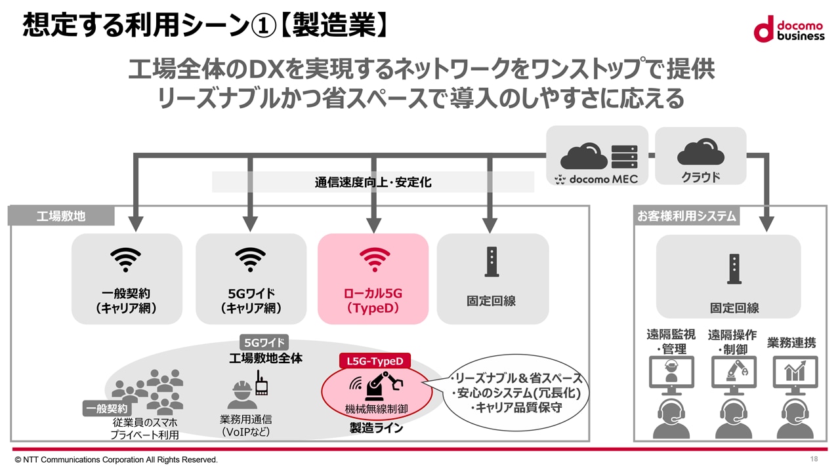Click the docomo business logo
pyautogui.click(x=789, y=29)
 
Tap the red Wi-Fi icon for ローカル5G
pyautogui.click(x=375, y=259)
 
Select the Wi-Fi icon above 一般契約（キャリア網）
pyautogui.click(x=125, y=259)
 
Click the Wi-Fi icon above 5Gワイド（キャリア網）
pyautogui.click(x=250, y=259)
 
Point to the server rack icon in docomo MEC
pyautogui.click(x=624, y=156)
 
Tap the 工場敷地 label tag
pyautogui.click(x=61, y=216)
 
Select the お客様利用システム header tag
pyautogui.click(x=686, y=216)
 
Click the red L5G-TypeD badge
pyautogui.click(x=375, y=361)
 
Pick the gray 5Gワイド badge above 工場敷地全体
pyautogui.click(x=264, y=342)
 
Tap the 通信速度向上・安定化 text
pyautogui.click(x=373, y=182)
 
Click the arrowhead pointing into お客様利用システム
pyautogui.click(x=766, y=224)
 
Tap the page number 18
pyautogui.click(x=814, y=459)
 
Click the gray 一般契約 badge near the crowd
pyautogui.click(x=106, y=408)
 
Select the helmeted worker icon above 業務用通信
pyautogui.click(x=242, y=395)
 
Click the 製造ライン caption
pyautogui.click(x=376, y=428)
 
